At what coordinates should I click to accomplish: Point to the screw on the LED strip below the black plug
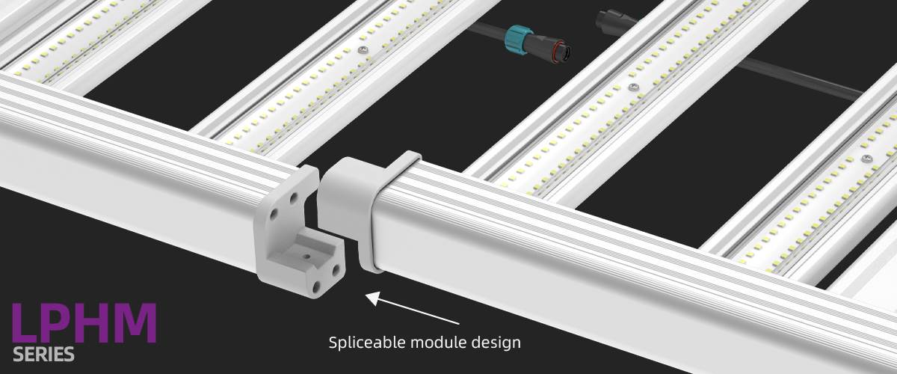[634, 88]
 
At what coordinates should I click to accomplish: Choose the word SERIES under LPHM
[43, 354]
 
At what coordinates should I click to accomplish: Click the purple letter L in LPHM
[25, 324]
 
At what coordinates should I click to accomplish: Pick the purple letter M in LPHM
[134, 324]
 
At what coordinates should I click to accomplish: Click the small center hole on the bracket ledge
[306, 254]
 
